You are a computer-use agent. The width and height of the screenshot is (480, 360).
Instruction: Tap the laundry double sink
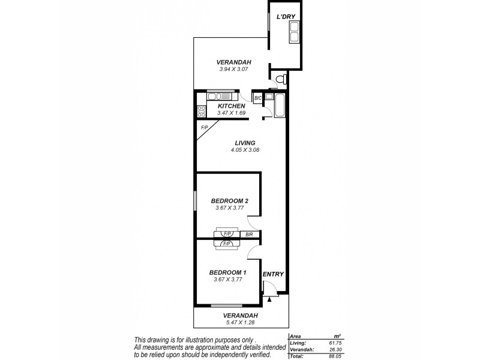[x=295, y=32]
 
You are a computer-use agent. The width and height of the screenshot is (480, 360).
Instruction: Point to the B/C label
[x=257, y=98]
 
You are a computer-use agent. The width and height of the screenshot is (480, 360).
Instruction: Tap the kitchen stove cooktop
[x=202, y=111]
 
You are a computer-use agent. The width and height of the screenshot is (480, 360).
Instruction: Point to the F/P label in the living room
[x=204, y=127]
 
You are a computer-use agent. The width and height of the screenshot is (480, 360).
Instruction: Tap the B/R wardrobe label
[x=248, y=234]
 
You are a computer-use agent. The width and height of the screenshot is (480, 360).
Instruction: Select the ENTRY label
[x=273, y=274]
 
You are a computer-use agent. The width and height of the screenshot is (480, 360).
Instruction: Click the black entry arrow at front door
[x=270, y=298]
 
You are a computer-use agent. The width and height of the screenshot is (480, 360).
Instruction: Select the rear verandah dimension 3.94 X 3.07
[x=234, y=69]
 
